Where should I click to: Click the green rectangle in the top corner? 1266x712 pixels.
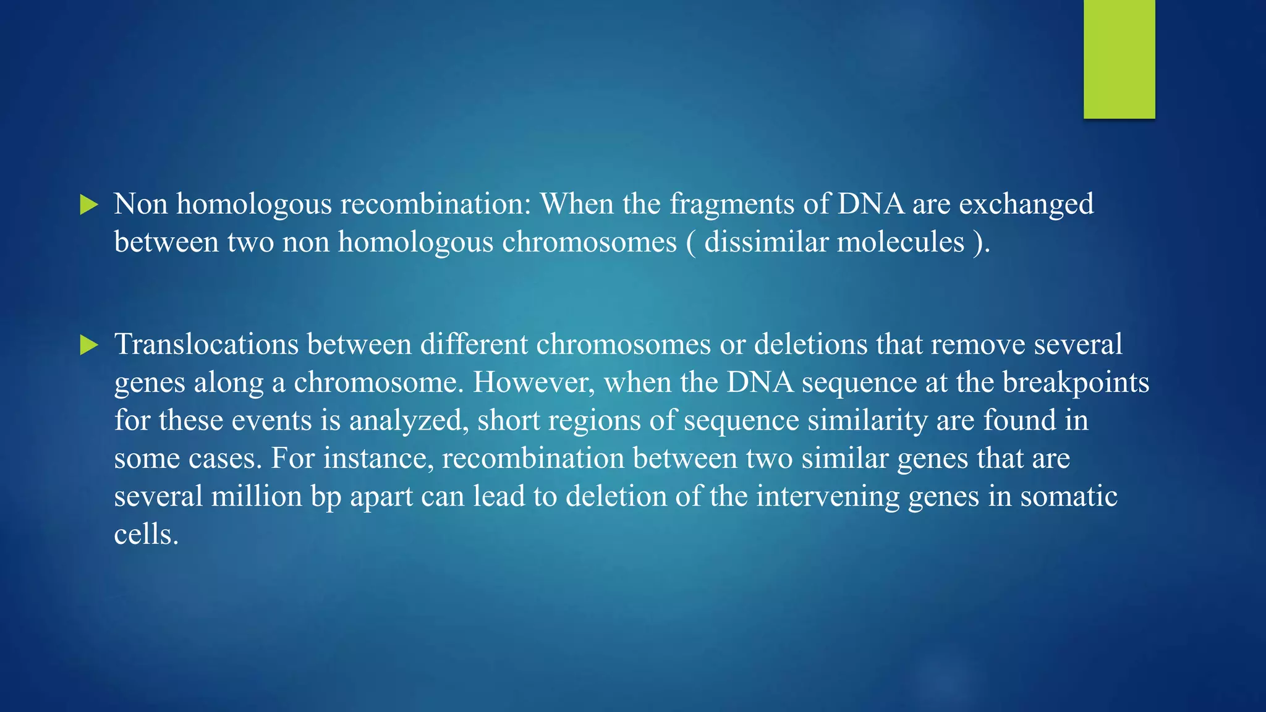(1119, 59)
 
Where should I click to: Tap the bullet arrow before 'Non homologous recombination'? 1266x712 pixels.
(89, 205)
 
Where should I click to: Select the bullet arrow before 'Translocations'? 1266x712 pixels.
(89, 345)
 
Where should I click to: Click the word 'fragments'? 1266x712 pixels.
(732, 205)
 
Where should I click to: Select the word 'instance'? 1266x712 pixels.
(378, 459)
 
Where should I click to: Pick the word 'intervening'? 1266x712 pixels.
(828, 496)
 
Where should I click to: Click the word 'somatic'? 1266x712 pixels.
(1069, 496)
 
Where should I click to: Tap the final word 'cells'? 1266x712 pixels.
(146, 535)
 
